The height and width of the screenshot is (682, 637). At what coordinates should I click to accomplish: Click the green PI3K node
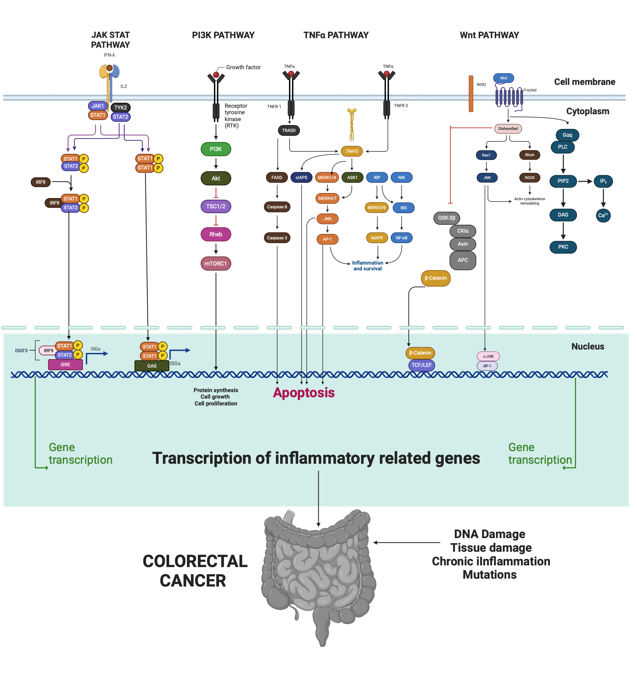pyautogui.click(x=216, y=149)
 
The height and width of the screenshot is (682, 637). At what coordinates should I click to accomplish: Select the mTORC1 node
pyautogui.click(x=216, y=264)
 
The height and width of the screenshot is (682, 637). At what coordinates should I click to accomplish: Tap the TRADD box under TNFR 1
pyautogui.click(x=289, y=130)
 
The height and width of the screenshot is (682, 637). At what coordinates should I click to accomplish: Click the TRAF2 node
pyautogui.click(x=351, y=151)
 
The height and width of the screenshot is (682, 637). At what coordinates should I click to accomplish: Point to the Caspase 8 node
pyautogui.click(x=277, y=207)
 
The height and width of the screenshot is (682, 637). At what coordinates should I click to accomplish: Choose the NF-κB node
pyautogui.click(x=401, y=238)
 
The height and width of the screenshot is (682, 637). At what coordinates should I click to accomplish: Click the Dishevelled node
pyautogui.click(x=508, y=129)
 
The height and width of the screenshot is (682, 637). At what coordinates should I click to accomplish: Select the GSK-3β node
pyautogui.click(x=446, y=218)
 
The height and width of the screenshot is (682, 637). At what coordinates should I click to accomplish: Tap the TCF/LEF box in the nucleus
pyautogui.click(x=421, y=365)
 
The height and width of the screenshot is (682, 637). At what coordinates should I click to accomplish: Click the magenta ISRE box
pyautogui.click(x=65, y=364)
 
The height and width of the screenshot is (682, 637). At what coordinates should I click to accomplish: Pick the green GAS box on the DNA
pyautogui.click(x=152, y=366)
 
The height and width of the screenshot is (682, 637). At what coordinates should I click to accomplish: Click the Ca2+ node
pyautogui.click(x=603, y=216)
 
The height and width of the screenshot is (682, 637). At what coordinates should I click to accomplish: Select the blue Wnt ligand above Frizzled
pyautogui.click(x=503, y=78)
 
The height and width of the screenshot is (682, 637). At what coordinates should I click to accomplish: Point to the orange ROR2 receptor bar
pyautogui.click(x=470, y=93)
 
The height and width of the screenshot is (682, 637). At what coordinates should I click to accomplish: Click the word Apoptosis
pyautogui.click(x=303, y=392)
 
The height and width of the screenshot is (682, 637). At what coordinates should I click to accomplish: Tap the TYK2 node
pyautogui.click(x=120, y=107)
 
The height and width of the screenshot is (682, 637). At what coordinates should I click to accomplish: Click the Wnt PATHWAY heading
pyautogui.click(x=489, y=35)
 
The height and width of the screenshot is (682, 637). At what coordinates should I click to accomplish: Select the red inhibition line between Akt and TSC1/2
pyautogui.click(x=216, y=193)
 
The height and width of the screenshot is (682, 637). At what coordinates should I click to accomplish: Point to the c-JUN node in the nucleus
pyautogui.click(x=488, y=356)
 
